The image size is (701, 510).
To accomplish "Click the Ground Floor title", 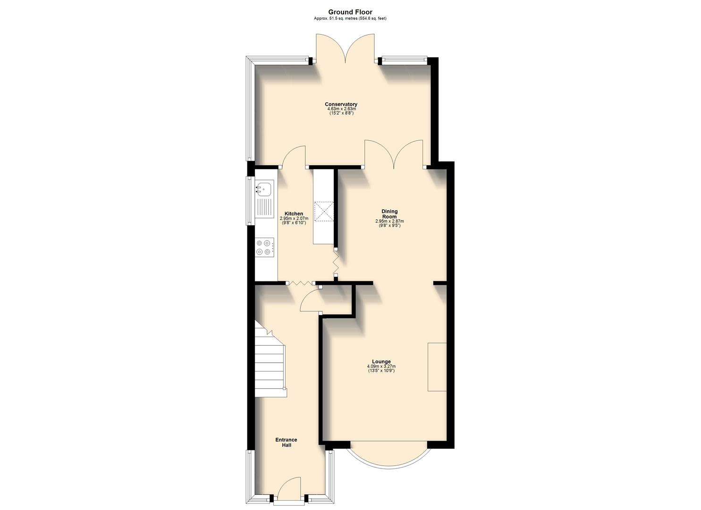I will (x=350, y=12).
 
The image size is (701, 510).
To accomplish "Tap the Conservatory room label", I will (x=341, y=104).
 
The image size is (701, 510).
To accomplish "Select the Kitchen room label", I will (x=294, y=214).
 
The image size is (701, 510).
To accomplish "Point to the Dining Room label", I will (x=389, y=214).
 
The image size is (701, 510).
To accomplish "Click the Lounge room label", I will (x=381, y=362).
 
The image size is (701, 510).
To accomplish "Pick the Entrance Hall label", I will (x=287, y=442).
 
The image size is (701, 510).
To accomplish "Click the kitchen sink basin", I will (x=264, y=188).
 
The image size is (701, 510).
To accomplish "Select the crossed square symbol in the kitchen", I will (x=324, y=211).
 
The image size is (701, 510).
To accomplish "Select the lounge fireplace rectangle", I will (x=437, y=366).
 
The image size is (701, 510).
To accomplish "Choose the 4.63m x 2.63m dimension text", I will (x=341, y=109).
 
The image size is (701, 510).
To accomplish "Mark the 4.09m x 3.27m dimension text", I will (x=381, y=366).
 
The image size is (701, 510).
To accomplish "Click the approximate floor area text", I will (x=350, y=18).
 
